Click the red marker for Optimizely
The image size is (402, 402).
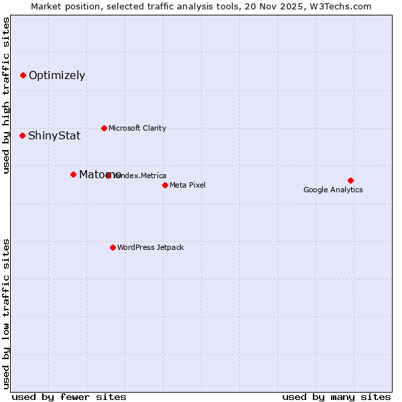23,75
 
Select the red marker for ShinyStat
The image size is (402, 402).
22,135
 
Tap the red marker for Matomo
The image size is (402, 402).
73,174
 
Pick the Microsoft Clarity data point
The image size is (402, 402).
104,128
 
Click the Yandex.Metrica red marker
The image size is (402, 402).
109,176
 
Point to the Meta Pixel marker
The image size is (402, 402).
165,185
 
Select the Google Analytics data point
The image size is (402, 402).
350,180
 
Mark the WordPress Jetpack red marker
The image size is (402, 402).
113,247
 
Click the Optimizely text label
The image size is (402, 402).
57,75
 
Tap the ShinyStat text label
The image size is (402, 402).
54,135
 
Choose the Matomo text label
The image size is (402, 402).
100,174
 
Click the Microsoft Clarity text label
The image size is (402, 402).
137,128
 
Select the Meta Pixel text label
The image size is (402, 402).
188,185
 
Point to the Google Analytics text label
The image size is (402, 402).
333,190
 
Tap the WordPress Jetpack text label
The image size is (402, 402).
150,247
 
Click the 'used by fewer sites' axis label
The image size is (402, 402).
69,397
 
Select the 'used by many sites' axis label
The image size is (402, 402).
336,397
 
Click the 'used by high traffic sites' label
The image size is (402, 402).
6,95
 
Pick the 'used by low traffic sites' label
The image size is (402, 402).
6,313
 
